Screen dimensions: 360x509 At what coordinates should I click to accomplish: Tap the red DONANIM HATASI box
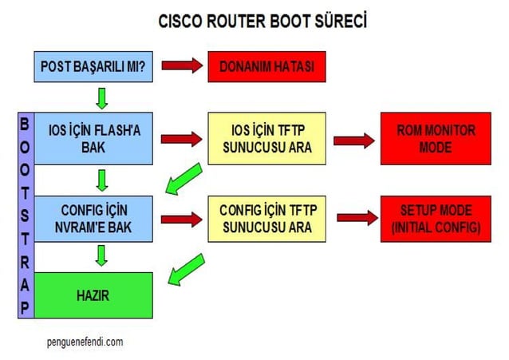point(267,66)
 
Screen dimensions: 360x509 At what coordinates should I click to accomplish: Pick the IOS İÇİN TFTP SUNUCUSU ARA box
point(266,139)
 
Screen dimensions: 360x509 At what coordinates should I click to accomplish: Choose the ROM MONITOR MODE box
point(435,139)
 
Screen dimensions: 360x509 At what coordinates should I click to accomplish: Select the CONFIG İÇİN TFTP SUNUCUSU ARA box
point(266,219)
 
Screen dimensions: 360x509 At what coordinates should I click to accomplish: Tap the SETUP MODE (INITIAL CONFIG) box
point(436,219)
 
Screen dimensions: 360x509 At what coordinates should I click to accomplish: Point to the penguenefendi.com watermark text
point(85,342)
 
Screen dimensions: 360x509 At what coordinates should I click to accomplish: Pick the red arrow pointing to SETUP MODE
point(357,217)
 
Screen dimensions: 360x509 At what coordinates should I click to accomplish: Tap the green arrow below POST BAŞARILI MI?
point(101,97)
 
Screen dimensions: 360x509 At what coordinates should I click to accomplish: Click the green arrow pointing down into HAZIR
point(101,256)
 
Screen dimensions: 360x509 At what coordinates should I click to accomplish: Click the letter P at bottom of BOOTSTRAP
point(25,308)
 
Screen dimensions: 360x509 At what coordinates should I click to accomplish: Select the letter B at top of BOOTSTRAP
point(25,125)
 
